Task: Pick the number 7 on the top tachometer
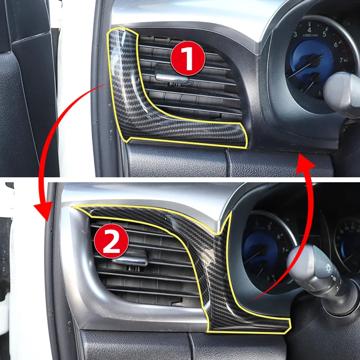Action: (x=341, y=60)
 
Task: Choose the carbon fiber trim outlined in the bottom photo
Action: (x=216, y=270)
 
